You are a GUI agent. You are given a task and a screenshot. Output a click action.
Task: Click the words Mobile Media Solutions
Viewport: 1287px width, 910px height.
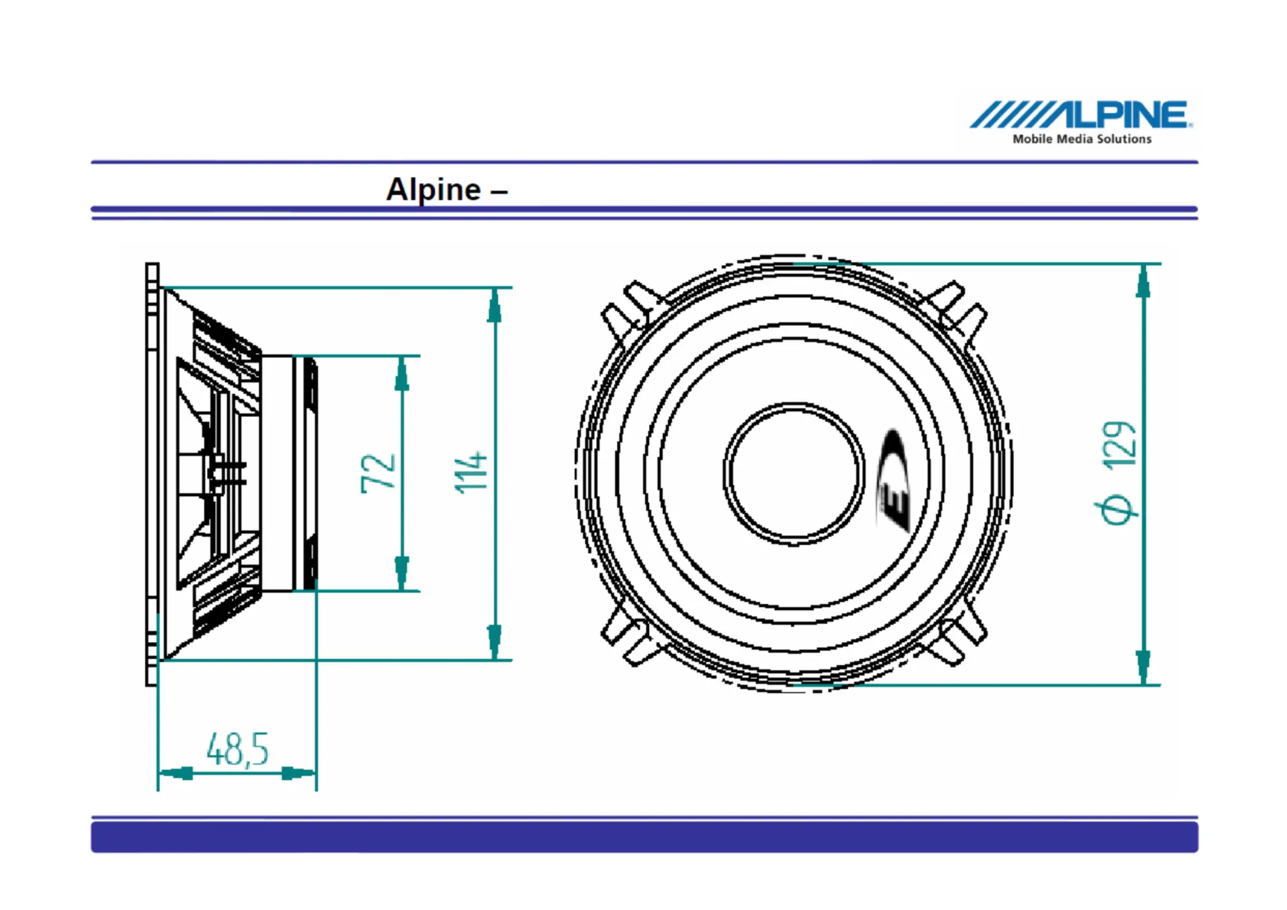click(1082, 139)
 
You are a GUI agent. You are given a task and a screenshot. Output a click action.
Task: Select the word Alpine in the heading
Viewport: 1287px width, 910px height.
click(433, 190)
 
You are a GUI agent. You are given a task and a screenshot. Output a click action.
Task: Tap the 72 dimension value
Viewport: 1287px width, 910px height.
click(378, 473)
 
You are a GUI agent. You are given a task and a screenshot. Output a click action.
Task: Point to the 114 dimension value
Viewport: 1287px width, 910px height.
click(471, 472)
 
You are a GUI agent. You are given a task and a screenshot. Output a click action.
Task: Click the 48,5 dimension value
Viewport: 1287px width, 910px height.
click(237, 749)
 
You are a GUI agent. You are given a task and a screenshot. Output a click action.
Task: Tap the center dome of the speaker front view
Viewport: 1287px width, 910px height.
click(795, 474)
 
